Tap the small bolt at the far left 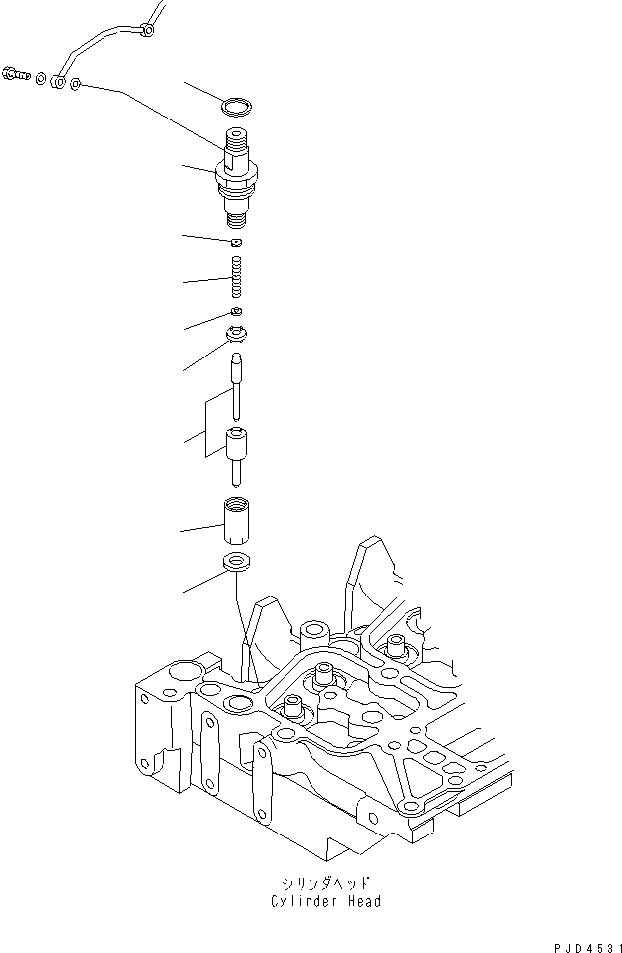point(16,73)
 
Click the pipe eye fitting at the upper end point(147,31)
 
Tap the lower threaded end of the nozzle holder point(236,217)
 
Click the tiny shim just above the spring point(237,242)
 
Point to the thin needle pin point(237,383)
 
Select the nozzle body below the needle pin point(237,453)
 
